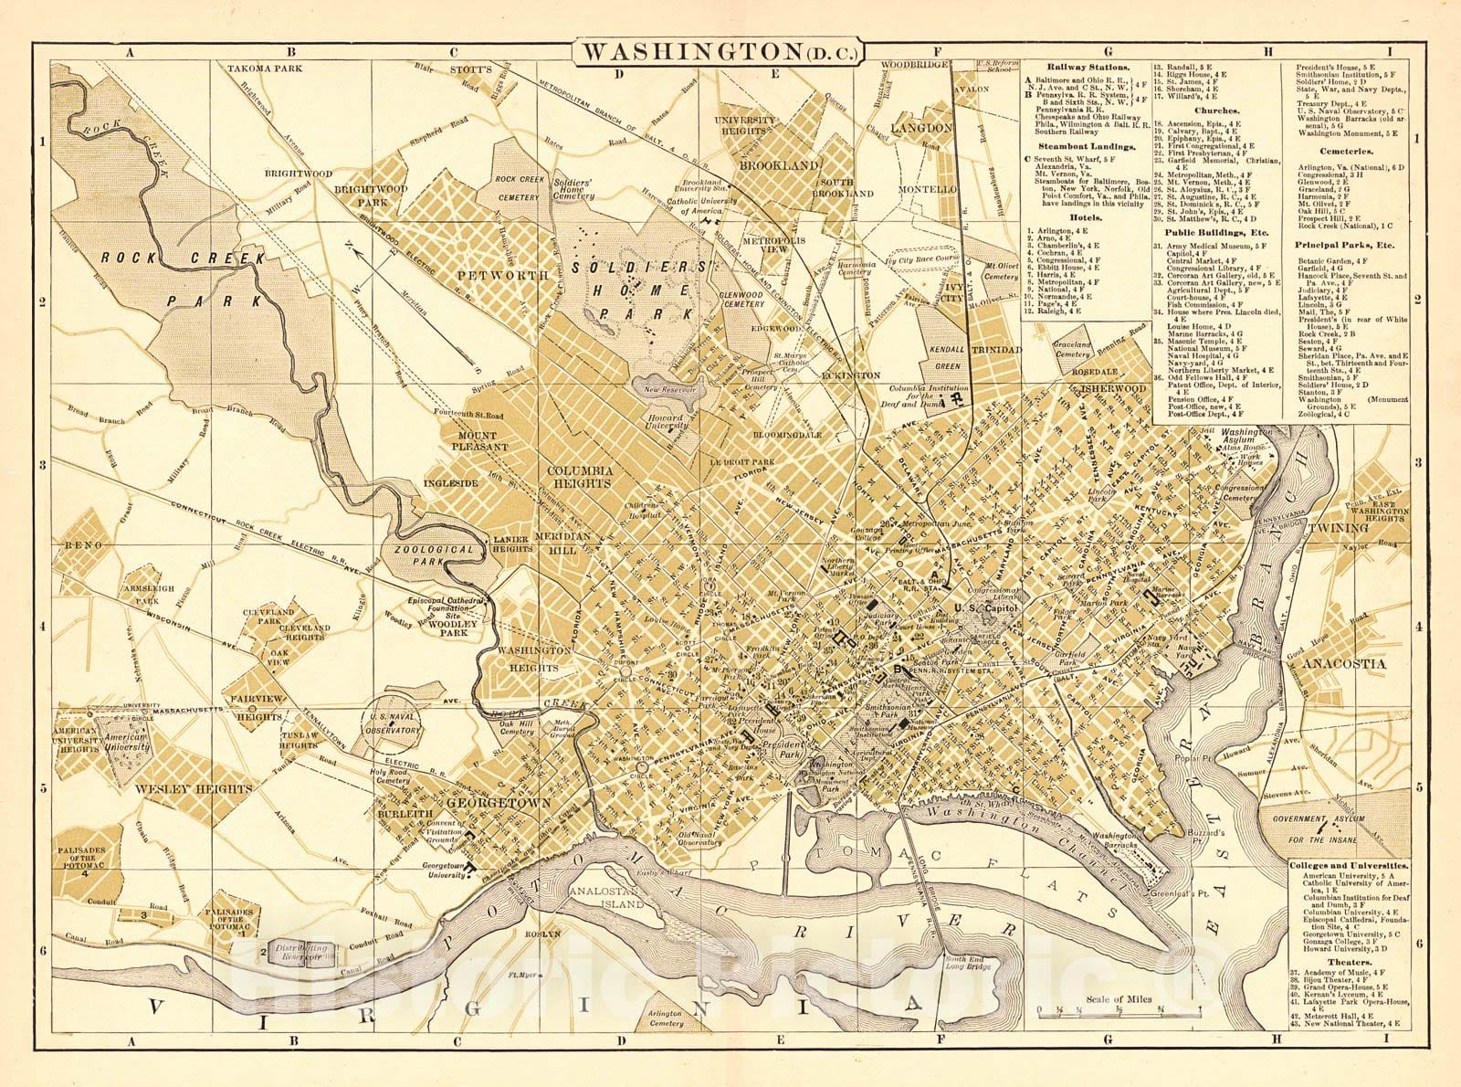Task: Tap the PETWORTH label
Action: (489, 273)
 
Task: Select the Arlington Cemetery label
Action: (666, 1018)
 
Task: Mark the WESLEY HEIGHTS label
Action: (193, 788)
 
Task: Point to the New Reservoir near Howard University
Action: (668, 390)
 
